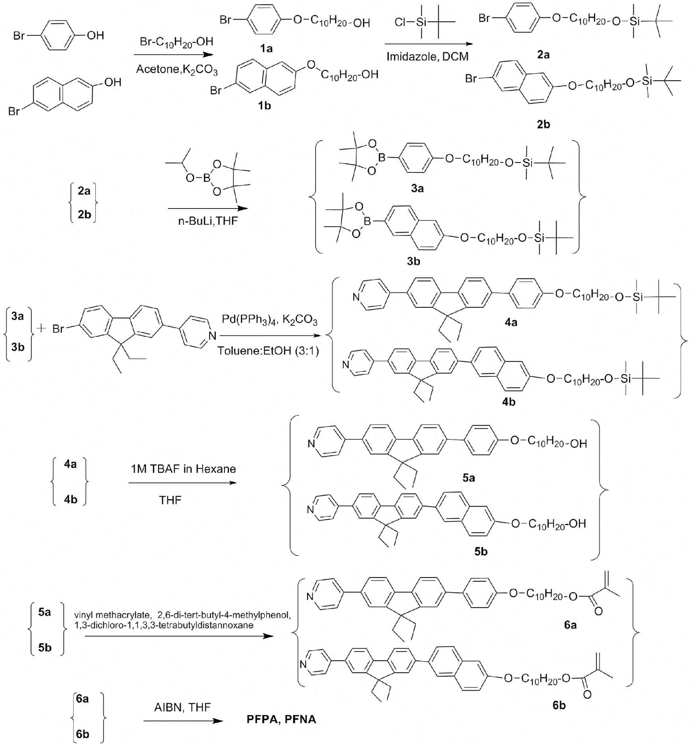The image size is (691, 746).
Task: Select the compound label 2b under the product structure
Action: coord(543,124)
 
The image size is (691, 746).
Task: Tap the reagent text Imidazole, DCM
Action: coord(428,57)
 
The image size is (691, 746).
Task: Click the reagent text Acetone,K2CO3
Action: coord(176,70)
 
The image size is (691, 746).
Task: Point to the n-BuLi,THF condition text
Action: coord(207,221)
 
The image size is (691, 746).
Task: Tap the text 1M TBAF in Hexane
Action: coord(183,469)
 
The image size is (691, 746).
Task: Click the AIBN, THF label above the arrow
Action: coord(182,707)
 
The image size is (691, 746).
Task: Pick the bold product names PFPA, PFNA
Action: coord(281,720)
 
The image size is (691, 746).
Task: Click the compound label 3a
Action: coord(417,189)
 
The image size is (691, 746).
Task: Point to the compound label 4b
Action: coord(509,402)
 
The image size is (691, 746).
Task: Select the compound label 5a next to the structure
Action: coord(469,478)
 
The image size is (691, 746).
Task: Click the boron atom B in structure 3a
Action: coord(381,158)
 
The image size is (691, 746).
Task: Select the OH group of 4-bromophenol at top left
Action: coord(95,36)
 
